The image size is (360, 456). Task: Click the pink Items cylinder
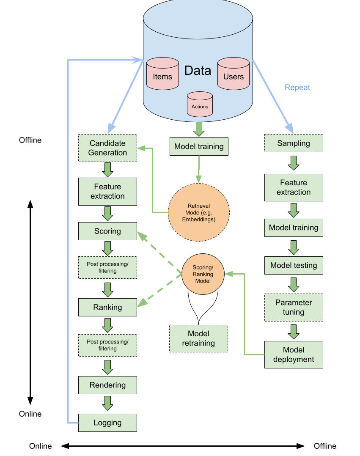click(162, 74)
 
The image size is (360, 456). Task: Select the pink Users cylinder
click(233, 74)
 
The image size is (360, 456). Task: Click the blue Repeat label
click(297, 88)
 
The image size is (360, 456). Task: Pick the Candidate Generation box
click(107, 148)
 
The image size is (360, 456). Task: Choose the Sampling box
click(294, 143)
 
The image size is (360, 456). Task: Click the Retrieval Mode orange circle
click(198, 212)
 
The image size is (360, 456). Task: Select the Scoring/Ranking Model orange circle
click(203, 274)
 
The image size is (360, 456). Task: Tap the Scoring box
click(107, 231)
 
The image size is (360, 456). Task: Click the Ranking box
click(107, 308)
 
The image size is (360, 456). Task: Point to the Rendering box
click(107, 385)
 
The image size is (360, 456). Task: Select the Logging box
click(107, 423)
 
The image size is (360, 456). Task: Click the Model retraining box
click(198, 339)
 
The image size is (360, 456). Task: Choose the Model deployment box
click(294, 354)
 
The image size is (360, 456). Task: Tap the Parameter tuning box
click(294, 308)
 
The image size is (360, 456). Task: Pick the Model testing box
click(294, 266)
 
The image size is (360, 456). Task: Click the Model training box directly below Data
click(199, 147)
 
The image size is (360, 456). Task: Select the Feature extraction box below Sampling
click(294, 187)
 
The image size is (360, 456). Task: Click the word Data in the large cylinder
click(198, 71)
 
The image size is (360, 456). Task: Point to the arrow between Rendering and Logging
click(107, 403)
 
